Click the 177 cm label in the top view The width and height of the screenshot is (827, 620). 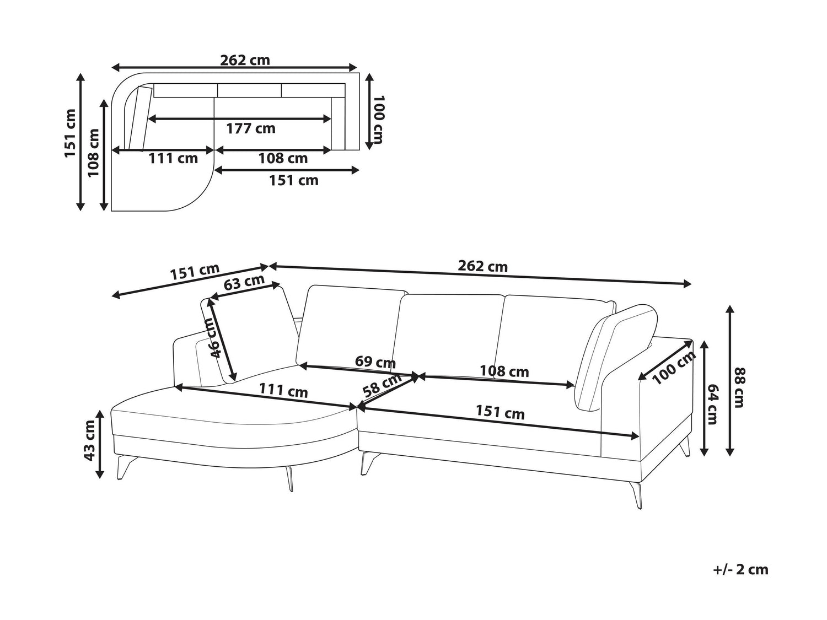(251, 128)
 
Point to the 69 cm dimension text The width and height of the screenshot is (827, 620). (375, 362)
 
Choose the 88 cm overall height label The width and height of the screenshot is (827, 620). (739, 387)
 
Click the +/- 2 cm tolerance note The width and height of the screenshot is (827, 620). (740, 569)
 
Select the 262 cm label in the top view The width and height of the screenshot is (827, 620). (245, 60)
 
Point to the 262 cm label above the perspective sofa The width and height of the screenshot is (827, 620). (482, 266)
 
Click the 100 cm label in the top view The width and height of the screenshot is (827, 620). (378, 120)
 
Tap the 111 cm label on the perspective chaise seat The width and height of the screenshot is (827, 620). (283, 391)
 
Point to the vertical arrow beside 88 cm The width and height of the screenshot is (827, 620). (730, 380)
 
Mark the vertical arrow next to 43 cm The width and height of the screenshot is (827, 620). (100, 444)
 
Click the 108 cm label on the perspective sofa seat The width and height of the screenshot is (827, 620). (504, 371)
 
